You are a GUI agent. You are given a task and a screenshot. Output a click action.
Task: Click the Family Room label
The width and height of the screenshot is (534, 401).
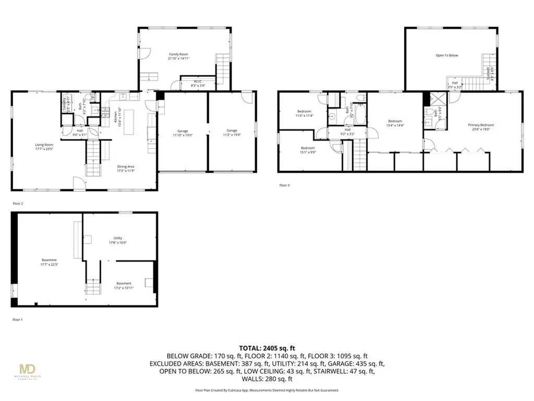pos(178,56)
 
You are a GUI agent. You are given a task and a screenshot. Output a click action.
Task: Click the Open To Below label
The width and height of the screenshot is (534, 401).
pos(447,55)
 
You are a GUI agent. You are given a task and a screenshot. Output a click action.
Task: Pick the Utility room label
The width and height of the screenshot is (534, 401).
pos(118,240)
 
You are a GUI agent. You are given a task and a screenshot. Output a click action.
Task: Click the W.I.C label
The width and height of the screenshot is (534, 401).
pos(198,83)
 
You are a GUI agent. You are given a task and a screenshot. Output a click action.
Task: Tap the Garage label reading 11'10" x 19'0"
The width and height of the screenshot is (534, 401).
pos(182,133)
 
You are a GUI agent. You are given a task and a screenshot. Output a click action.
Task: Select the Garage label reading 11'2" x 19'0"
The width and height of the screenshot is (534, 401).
pos(232,133)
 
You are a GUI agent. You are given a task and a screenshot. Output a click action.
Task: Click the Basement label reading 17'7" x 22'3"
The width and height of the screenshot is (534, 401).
pos(49,262)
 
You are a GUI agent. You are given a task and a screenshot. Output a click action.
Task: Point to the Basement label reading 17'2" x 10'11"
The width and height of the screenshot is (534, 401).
pos(124,285)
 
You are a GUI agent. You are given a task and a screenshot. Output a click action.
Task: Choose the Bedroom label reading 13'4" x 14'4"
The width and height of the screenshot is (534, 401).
pos(394,123)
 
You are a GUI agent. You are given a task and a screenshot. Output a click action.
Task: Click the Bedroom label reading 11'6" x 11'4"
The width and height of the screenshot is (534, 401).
pos(305,113)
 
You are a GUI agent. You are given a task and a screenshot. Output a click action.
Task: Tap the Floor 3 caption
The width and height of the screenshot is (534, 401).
pos(284,185)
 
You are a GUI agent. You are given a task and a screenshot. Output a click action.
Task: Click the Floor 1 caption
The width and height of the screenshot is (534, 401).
pos(18,320)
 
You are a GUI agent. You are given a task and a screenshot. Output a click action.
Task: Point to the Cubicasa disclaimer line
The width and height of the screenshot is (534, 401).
pos(266,390)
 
